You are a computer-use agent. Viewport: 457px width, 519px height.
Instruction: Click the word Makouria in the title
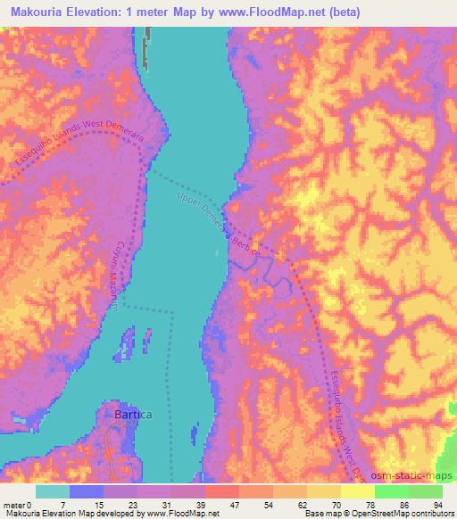click(x=44, y=12)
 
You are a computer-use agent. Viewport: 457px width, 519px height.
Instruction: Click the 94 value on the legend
click(x=436, y=504)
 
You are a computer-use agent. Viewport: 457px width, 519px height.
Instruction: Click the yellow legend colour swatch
click(x=357, y=491)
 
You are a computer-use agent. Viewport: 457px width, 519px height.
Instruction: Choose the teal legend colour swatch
click(x=53, y=491)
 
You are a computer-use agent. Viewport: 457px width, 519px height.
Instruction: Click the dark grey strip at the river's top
click(x=148, y=38)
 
